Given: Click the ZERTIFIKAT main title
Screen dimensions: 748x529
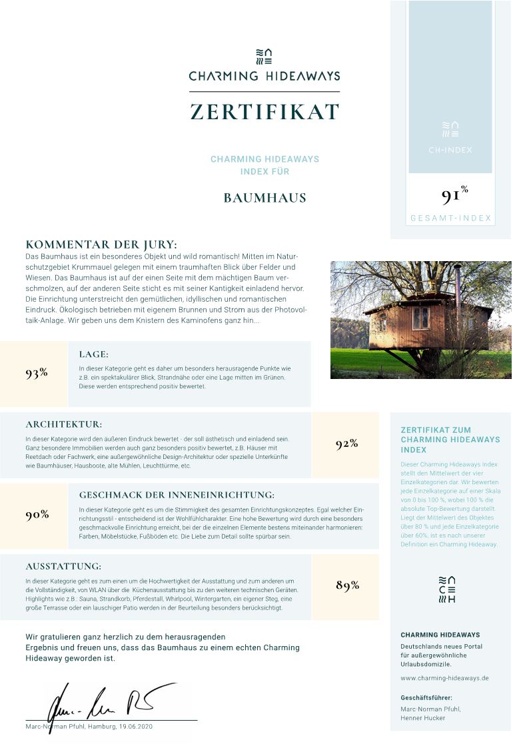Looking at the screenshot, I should point(264,112).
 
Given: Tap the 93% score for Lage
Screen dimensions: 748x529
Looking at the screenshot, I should point(37,373).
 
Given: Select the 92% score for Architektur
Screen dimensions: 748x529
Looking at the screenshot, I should point(346,444).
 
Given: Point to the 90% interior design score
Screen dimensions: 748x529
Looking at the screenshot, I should point(37,515).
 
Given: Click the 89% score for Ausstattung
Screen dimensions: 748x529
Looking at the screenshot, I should point(347,585).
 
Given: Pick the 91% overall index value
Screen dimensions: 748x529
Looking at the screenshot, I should point(453,196).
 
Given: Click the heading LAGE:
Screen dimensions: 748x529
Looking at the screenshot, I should point(93,354).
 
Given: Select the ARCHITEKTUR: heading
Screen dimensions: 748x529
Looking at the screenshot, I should point(64,424).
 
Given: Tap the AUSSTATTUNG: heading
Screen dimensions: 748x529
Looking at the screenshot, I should point(63,566).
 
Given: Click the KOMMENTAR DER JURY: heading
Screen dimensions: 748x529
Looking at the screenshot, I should point(101,244).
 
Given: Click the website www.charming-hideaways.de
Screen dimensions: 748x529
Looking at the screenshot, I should point(444,678).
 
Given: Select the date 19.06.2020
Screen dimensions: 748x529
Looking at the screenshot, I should point(136,726).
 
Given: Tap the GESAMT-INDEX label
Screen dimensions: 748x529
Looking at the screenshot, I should point(450,218).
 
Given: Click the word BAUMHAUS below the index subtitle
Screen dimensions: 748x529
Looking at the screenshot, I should point(264,198).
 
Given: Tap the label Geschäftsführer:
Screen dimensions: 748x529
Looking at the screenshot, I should point(426,697).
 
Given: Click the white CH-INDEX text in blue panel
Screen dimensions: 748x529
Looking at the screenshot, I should point(450,150).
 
